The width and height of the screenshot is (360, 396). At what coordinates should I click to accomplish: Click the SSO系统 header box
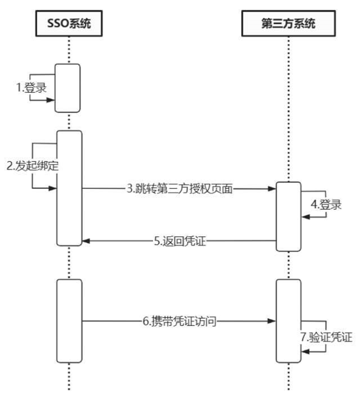(x=69, y=24)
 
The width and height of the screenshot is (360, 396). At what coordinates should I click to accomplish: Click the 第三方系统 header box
(x=288, y=24)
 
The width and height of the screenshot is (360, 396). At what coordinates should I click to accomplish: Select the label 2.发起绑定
(x=33, y=166)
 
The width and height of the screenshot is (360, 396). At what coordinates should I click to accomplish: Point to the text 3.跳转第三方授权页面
(x=179, y=189)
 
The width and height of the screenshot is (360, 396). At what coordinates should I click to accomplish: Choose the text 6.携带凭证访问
(x=179, y=321)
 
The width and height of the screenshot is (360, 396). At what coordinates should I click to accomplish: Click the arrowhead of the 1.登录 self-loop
(x=52, y=100)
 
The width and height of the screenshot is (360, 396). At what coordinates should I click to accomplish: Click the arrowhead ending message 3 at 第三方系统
(x=273, y=189)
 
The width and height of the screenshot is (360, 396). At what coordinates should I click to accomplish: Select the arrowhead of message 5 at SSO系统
(x=86, y=241)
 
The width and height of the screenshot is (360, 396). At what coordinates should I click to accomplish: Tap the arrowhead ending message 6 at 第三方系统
(x=273, y=321)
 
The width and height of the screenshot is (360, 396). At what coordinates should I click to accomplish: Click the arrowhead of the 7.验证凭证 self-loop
(x=305, y=351)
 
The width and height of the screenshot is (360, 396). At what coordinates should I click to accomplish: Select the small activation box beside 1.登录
(x=68, y=88)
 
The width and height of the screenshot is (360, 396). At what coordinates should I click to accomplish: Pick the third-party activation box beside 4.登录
(x=288, y=216)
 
